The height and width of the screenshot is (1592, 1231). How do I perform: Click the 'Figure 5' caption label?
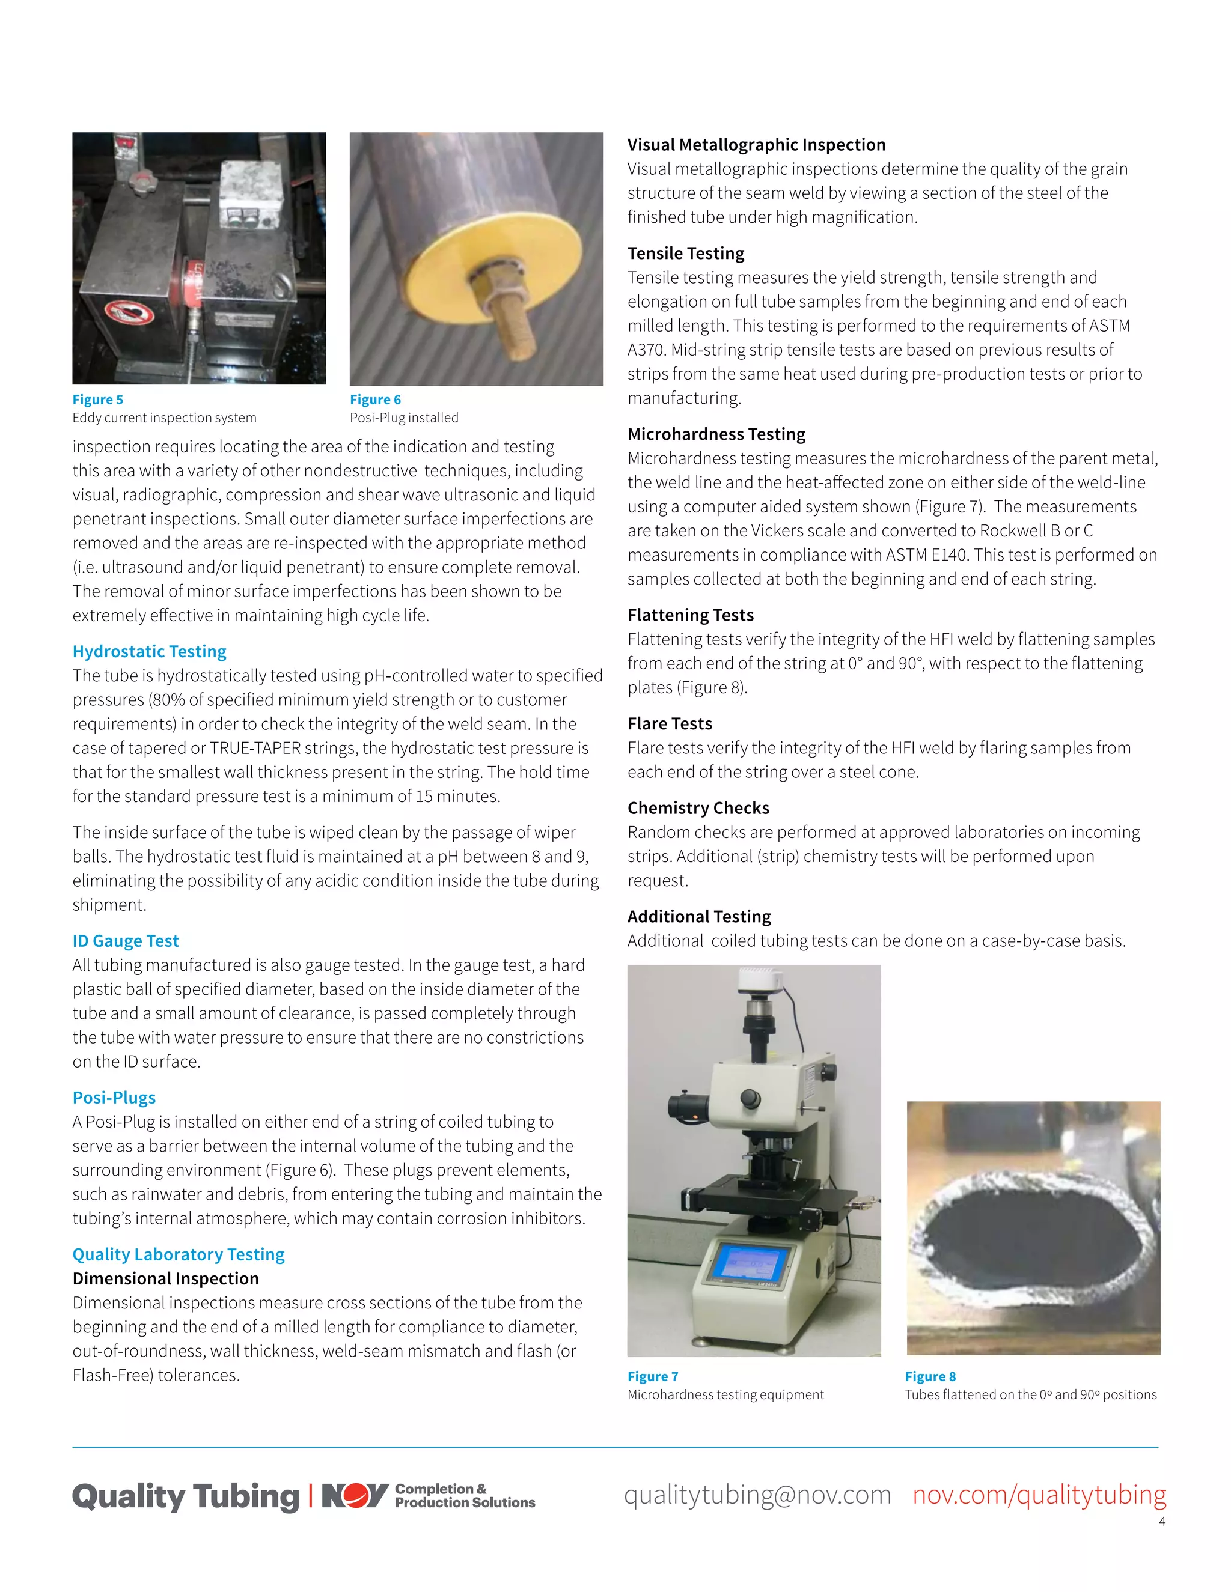point(98,400)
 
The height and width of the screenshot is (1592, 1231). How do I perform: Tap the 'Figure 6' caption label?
point(375,400)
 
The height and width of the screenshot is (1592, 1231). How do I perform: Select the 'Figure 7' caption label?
point(653,1376)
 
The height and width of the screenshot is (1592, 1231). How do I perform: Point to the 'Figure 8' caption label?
point(930,1376)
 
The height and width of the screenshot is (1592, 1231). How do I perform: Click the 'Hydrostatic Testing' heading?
point(150,651)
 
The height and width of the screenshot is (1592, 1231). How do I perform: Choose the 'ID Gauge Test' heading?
point(126,940)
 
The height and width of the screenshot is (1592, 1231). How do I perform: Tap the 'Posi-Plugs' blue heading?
point(114,1097)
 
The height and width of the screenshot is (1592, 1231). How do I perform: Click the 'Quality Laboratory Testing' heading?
point(178,1254)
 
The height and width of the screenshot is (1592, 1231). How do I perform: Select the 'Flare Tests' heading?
point(670,723)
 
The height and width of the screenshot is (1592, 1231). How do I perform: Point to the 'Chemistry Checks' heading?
point(698,807)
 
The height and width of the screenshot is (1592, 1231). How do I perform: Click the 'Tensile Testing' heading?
point(685,253)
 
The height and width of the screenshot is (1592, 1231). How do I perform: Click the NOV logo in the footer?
point(355,1496)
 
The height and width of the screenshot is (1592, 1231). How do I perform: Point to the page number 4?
point(1162,1521)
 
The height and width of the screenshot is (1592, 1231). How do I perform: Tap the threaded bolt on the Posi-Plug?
point(510,321)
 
